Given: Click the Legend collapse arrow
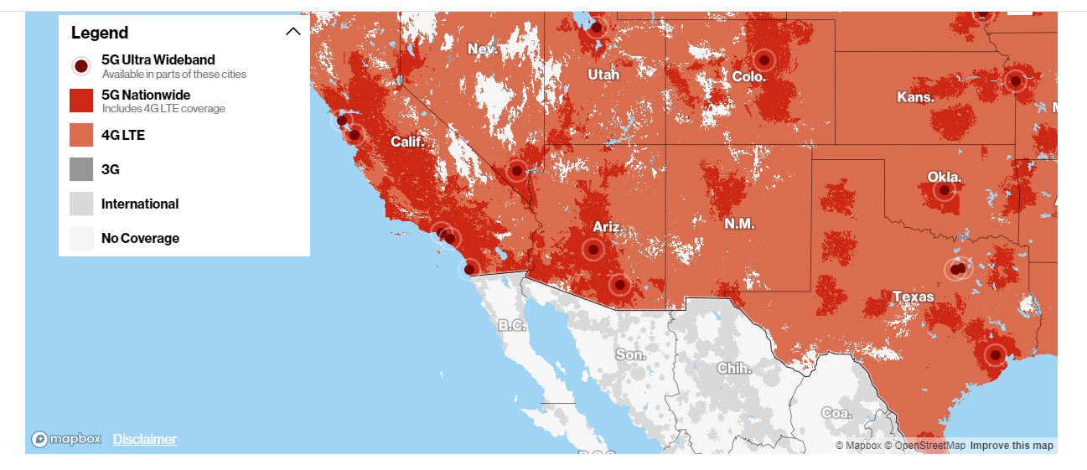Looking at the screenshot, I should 292,32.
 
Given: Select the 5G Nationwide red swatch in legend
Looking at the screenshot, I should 81,101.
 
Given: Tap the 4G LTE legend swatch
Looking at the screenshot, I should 81,135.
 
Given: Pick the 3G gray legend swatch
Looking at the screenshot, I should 81,169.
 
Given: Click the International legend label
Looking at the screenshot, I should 139,204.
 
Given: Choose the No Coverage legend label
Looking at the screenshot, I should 140,238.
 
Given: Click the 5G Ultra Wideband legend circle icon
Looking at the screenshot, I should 81,66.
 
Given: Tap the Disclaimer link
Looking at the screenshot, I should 145,439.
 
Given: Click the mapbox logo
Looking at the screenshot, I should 67,439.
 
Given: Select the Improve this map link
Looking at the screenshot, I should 1012,446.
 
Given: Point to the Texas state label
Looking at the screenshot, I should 913,297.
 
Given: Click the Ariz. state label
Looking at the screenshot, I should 607,227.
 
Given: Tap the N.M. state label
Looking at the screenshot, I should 739,224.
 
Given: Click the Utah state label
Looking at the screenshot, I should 603,75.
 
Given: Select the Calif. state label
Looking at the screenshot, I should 408,142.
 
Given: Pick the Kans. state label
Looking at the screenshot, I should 915,97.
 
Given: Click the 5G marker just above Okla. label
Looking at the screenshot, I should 945,191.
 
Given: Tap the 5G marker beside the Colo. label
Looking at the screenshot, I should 763,60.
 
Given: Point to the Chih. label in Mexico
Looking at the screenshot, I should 734,368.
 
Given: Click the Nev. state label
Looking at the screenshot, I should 483,49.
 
